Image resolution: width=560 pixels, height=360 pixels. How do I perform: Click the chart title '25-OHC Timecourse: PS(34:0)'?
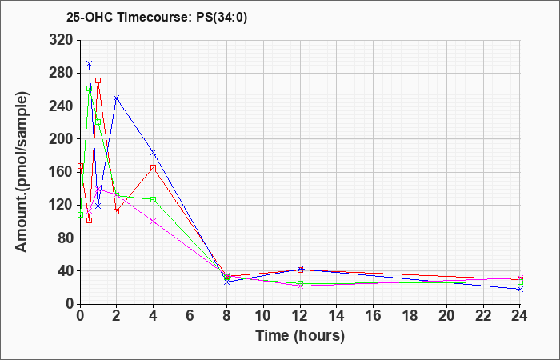click(157, 17)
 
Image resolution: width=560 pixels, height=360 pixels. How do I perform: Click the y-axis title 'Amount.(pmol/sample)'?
click(22, 172)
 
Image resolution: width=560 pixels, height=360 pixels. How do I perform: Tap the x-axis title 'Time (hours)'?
click(300, 336)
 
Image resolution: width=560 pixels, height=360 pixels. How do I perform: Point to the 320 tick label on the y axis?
click(60, 40)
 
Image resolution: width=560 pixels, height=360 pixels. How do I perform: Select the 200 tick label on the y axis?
click(60, 139)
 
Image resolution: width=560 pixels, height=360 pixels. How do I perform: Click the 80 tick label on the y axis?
click(65, 238)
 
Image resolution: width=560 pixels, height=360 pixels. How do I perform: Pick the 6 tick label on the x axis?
click(190, 316)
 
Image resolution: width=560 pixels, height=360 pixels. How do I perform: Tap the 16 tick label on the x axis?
click(374, 316)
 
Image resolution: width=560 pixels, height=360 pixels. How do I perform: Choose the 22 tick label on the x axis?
click(483, 316)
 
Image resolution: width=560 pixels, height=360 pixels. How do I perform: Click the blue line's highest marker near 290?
click(90, 64)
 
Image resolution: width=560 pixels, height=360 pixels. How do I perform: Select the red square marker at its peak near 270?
click(98, 80)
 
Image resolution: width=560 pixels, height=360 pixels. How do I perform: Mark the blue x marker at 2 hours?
click(117, 98)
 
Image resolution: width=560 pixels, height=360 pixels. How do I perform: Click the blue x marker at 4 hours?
click(154, 153)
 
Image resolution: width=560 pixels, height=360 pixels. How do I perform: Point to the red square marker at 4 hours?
click(154, 167)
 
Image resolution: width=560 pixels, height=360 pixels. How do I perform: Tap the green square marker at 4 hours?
click(154, 199)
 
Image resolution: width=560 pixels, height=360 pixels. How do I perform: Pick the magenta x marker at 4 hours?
click(154, 221)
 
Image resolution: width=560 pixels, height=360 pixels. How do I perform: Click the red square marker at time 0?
click(80, 166)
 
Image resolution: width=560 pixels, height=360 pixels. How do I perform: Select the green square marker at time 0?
click(80, 214)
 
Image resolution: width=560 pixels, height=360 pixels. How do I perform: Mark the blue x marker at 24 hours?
click(520, 289)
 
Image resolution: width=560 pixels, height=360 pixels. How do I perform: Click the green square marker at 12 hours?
click(300, 283)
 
